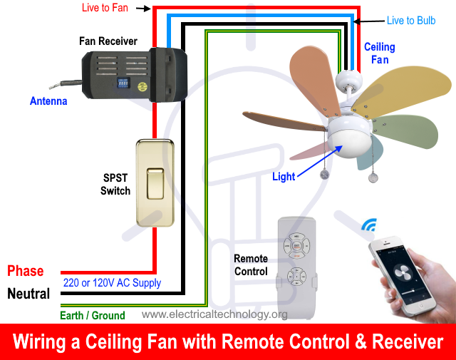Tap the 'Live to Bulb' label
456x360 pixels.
[411, 21]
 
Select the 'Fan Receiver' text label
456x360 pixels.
[107, 41]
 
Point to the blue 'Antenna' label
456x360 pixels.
[48, 101]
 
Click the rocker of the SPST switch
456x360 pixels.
[154, 185]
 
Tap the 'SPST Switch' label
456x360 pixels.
[115, 184]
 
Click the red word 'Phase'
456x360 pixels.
[26, 271]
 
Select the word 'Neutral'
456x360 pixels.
[28, 293]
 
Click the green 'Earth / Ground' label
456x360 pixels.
[93, 315]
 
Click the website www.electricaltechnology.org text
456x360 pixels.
[214, 314]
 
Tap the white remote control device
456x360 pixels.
[296, 264]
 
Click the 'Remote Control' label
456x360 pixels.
[251, 265]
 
